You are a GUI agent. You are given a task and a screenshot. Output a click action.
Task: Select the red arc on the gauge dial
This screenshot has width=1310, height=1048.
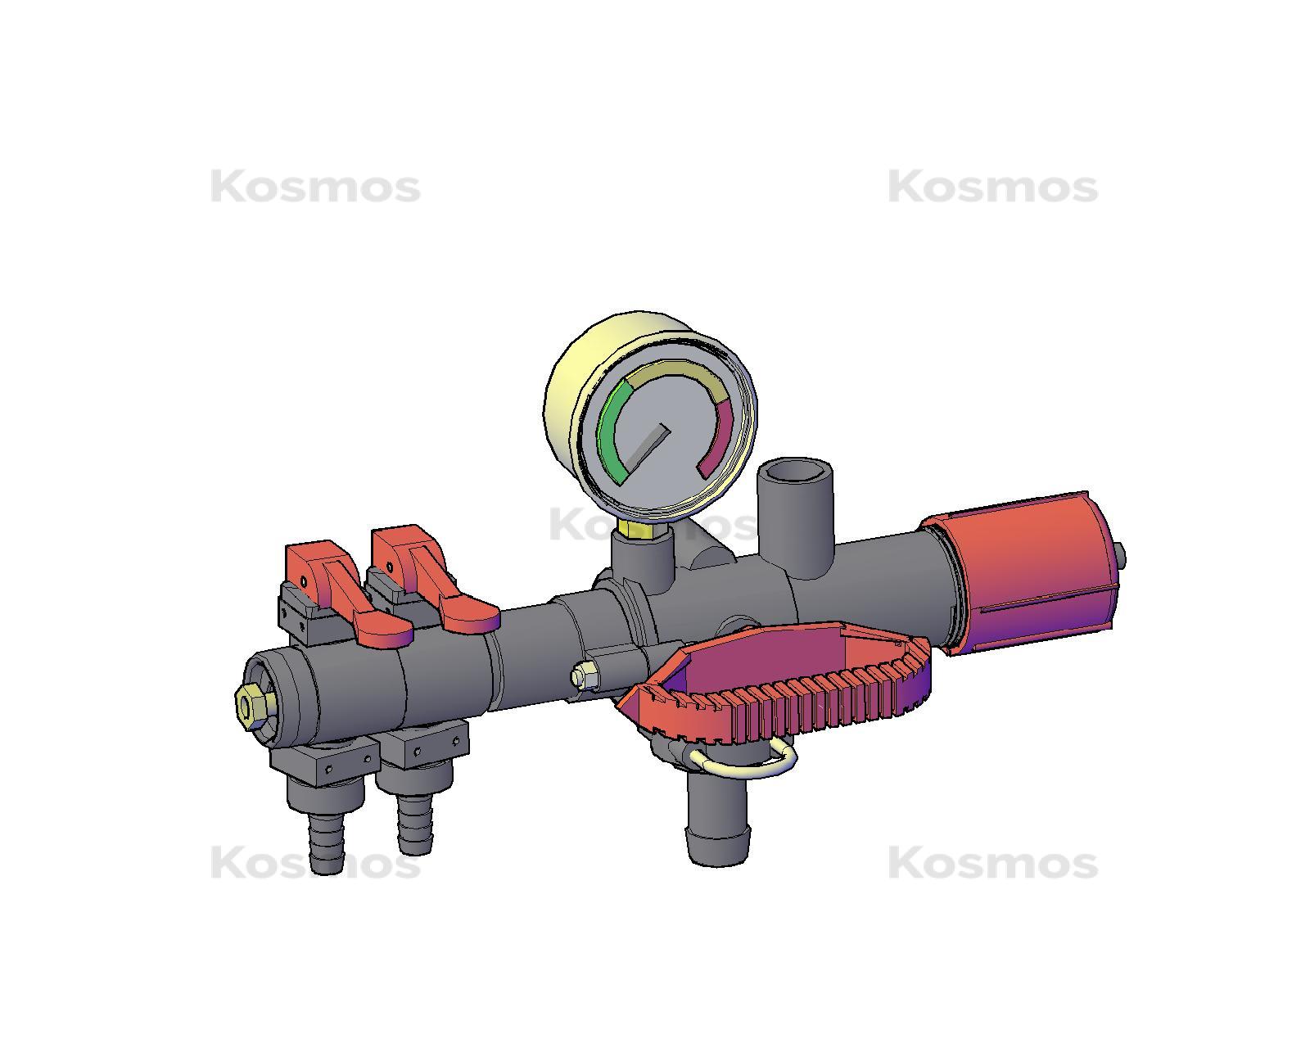(721, 442)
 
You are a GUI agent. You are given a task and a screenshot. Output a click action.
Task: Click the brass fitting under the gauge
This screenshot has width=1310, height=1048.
(638, 530)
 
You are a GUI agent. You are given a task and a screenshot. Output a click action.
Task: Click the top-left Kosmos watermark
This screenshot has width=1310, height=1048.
(315, 187)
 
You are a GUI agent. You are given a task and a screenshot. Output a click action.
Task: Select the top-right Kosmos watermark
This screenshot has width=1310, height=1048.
(992, 187)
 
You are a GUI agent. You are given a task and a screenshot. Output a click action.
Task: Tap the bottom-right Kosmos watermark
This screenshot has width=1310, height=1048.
(992, 863)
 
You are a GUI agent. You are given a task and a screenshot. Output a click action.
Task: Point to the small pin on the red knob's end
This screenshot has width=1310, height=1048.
(1120, 558)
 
